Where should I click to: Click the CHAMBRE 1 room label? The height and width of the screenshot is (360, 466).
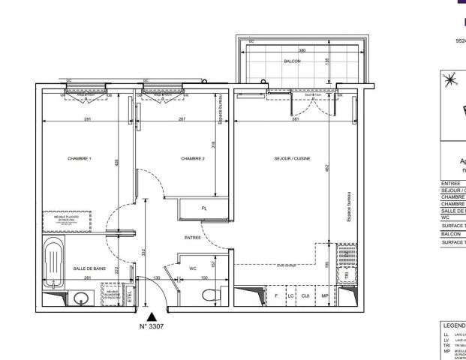click(80, 158)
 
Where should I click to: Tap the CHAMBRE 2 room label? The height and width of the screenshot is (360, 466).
click(193, 158)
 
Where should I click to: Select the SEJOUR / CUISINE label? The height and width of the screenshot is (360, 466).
click(292, 158)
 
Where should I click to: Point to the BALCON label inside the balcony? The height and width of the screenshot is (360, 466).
click(292, 60)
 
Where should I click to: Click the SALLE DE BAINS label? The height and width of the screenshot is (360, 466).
click(89, 268)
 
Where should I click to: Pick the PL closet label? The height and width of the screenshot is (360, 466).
click(203, 208)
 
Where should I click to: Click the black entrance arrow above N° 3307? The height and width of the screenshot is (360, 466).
click(152, 318)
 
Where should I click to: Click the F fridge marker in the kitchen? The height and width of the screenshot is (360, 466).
click(276, 296)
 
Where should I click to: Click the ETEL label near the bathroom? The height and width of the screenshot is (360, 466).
click(129, 297)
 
